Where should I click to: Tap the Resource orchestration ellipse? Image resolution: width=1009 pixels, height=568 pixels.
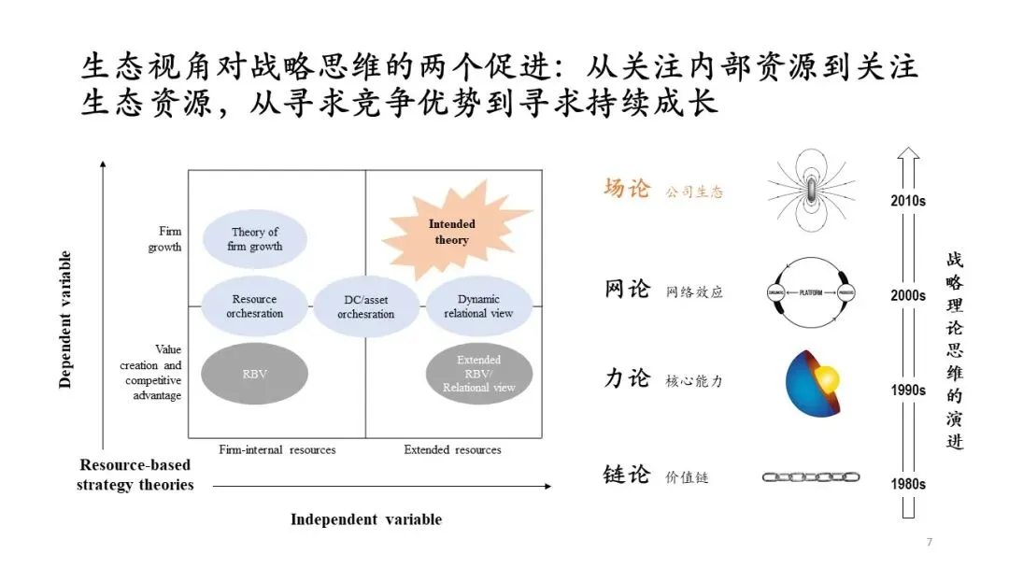254,305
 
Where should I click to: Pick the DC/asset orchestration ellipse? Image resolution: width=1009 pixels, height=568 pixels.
365,305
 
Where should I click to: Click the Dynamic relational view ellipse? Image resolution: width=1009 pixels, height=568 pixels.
478,305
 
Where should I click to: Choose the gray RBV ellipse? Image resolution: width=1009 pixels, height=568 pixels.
254,374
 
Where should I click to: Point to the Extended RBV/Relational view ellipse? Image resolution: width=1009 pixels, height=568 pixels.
478,374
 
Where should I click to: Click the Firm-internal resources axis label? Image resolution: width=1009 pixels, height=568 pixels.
277,449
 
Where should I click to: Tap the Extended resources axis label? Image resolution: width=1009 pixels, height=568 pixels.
452,449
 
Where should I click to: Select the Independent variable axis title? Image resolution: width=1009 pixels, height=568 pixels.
365,519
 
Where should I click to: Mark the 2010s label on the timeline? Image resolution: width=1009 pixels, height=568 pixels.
907,200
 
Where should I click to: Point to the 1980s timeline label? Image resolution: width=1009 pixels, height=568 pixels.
907,484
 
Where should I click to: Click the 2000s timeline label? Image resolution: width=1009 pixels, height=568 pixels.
907,295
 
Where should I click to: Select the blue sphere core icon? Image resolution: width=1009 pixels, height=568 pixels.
813,381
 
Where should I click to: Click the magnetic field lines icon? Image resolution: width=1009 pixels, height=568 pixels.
811,192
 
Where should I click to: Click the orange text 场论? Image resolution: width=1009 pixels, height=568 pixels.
626,190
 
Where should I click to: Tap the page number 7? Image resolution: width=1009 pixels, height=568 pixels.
929,543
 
